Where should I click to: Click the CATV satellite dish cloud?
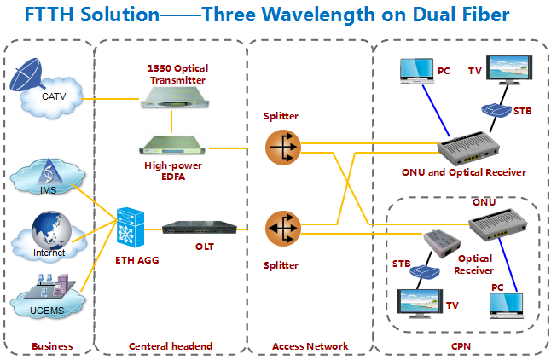click(49, 85)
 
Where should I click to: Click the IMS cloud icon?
click(49, 179)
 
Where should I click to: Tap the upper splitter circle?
click(281, 147)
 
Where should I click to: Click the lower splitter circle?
click(281, 228)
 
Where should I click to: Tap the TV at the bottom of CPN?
click(421, 305)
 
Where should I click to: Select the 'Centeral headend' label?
click(170, 345)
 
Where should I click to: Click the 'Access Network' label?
click(310, 345)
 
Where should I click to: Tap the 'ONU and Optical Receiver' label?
click(464, 172)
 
